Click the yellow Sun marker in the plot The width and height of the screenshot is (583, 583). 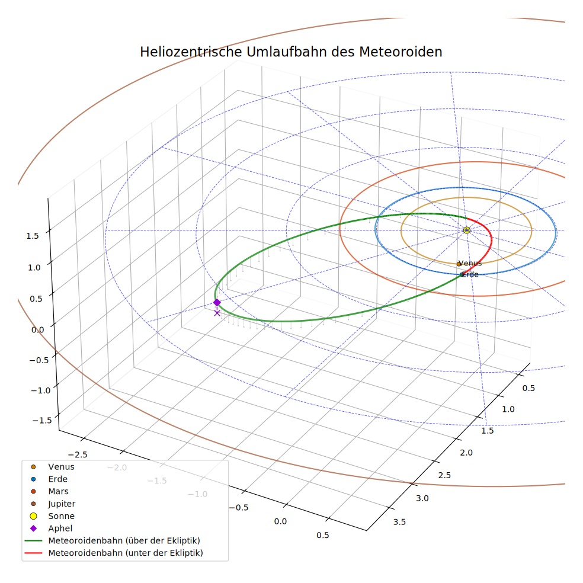(x=467, y=230)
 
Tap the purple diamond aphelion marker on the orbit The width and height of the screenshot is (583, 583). (x=217, y=302)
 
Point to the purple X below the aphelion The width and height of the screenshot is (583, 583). (x=217, y=313)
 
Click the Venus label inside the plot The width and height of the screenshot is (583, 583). (x=470, y=263)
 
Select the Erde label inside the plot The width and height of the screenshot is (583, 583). (x=470, y=274)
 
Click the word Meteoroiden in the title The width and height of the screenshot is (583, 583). (x=401, y=52)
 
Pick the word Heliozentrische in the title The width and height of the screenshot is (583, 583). (x=191, y=52)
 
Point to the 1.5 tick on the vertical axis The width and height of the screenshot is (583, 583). (x=33, y=236)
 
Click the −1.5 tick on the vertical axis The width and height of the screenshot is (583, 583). (x=42, y=421)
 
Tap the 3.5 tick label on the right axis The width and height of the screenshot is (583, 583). (x=399, y=522)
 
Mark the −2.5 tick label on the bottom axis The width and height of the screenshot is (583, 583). (x=78, y=454)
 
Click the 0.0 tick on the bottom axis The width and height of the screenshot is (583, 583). (x=280, y=521)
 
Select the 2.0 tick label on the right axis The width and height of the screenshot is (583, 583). (x=466, y=453)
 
